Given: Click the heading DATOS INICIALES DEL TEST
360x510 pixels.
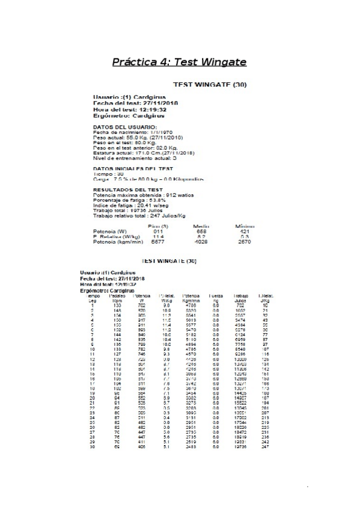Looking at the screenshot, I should tap(133, 169).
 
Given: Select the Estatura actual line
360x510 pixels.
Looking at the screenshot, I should tap(142, 153).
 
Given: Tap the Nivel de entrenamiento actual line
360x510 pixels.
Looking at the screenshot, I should tap(135, 158).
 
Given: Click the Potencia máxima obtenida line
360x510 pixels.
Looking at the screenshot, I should tap(143, 195).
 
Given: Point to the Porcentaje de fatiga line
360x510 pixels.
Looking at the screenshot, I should tap(125, 200).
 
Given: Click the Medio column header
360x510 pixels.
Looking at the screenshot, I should tap(201, 226).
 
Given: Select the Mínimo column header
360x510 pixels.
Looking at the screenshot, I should tap(245, 226).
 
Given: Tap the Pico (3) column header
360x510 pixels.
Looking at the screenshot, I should tap(157, 226).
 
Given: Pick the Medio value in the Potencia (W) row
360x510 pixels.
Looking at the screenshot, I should tap(201, 232).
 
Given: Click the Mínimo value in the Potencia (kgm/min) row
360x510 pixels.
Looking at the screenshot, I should tap(245, 242).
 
